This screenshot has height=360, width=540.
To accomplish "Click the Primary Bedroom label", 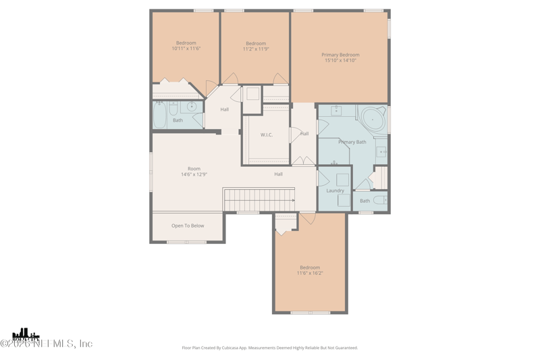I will click(x=340, y=55).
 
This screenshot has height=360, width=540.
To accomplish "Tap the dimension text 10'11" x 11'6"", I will click(x=186, y=49).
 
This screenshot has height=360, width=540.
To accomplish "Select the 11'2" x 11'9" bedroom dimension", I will click(x=256, y=49).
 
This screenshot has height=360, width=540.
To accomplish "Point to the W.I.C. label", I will click(x=267, y=135).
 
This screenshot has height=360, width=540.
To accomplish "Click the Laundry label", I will click(x=335, y=191).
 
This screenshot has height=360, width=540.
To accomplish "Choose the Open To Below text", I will click(x=188, y=226).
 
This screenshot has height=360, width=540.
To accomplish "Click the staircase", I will click(x=259, y=200).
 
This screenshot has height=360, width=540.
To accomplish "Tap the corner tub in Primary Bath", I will click(x=373, y=119).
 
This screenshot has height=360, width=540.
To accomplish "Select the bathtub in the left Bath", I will click(x=160, y=115).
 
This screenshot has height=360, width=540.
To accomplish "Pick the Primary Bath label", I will click(x=352, y=142).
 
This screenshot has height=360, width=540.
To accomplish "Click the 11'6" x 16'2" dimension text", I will click(x=310, y=273).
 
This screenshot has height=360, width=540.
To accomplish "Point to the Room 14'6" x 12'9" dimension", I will click(x=194, y=174).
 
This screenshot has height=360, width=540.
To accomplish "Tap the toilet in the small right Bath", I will click(x=380, y=201).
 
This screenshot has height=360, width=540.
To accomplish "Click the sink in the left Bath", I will click(x=192, y=107).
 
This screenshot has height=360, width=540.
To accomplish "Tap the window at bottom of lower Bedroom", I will click(x=310, y=313).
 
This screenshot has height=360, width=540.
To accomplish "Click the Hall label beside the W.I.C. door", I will click(x=304, y=134).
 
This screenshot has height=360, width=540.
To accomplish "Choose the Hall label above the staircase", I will click(x=278, y=174).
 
